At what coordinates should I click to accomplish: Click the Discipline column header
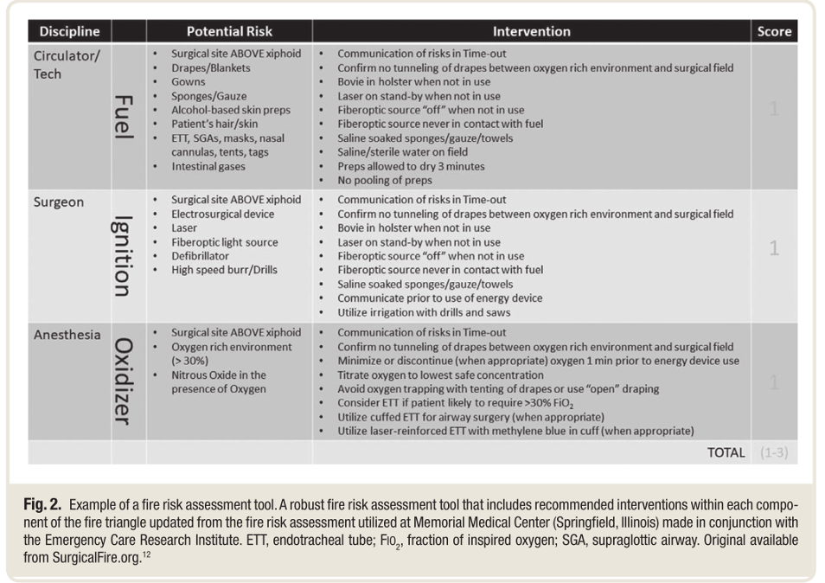click(x=69, y=31)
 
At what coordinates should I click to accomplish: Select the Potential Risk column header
click(x=229, y=31)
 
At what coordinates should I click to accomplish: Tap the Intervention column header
click(x=531, y=31)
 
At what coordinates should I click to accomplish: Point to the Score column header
click(x=774, y=31)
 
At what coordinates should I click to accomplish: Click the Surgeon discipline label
click(x=59, y=202)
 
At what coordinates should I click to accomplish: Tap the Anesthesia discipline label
click(x=67, y=335)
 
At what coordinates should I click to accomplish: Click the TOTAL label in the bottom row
click(x=726, y=452)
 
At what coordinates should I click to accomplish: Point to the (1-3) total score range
click(x=773, y=452)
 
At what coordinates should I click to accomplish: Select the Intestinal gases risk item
click(x=208, y=166)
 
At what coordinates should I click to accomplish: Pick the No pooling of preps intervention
click(x=386, y=180)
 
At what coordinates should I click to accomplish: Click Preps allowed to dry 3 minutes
click(x=411, y=166)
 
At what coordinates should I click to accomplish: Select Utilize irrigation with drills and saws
click(x=424, y=312)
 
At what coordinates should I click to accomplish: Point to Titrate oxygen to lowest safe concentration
click(x=440, y=375)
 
